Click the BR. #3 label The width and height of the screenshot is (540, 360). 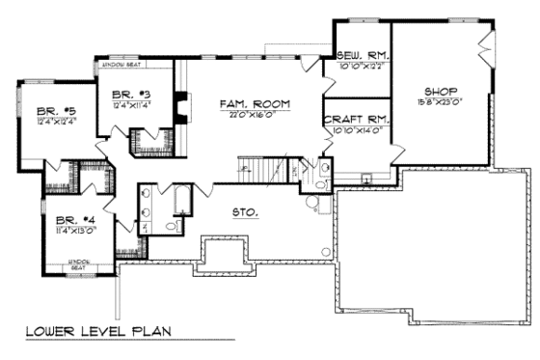(x=127, y=94)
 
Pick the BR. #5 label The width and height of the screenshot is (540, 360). (x=39, y=110)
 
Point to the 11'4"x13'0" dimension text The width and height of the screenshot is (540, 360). (x=73, y=230)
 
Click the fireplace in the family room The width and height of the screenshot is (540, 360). (x=179, y=106)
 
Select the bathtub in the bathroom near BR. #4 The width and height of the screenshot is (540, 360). (x=182, y=204)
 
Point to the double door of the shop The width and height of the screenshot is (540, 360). (x=485, y=44)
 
